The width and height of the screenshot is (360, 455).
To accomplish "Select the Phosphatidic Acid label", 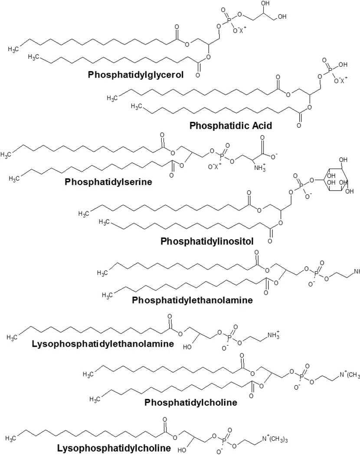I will point(230,126).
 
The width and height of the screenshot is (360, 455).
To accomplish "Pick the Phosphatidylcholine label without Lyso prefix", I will point(191,403).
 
